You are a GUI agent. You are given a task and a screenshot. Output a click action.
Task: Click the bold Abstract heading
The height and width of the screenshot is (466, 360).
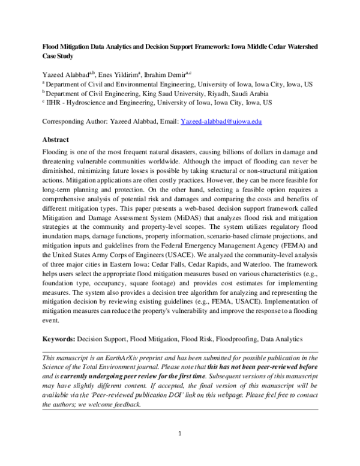[x=58, y=139]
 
